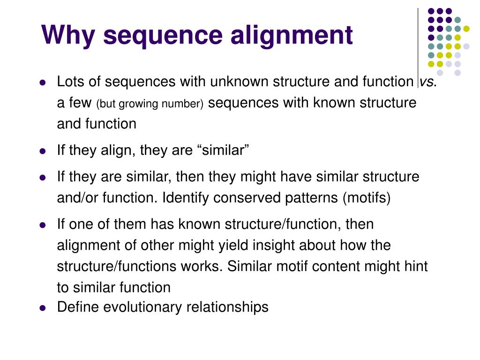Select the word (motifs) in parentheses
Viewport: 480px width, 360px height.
tap(367, 198)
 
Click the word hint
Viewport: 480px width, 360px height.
tap(415, 266)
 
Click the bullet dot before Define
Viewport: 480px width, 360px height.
tap(42, 308)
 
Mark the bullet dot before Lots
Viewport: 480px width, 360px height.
tap(42, 82)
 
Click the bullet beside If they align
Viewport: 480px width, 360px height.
tap(42, 151)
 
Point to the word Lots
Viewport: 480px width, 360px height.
tap(70, 82)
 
